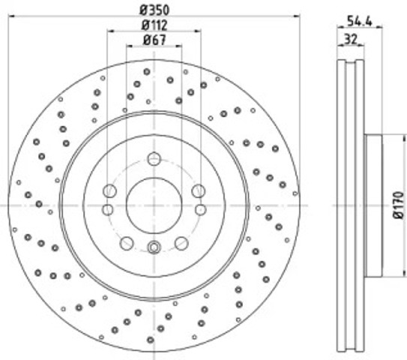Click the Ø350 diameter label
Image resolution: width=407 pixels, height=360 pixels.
pos(154,10)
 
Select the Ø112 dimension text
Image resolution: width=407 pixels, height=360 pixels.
pos(154,25)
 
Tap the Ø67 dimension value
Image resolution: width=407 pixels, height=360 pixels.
pos(154,40)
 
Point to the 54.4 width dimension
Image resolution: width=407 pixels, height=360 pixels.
pos(360,21)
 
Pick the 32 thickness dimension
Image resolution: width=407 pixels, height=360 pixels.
pos(351,39)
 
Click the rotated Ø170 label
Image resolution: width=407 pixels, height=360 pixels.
pos(399,205)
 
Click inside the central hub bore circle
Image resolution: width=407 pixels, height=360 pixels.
pos(154,205)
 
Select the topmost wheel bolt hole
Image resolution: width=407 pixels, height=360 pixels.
pos(154,159)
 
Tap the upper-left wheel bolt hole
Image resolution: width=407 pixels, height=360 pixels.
pos(109,191)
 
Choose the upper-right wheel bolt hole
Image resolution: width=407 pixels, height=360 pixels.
pos(199,191)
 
